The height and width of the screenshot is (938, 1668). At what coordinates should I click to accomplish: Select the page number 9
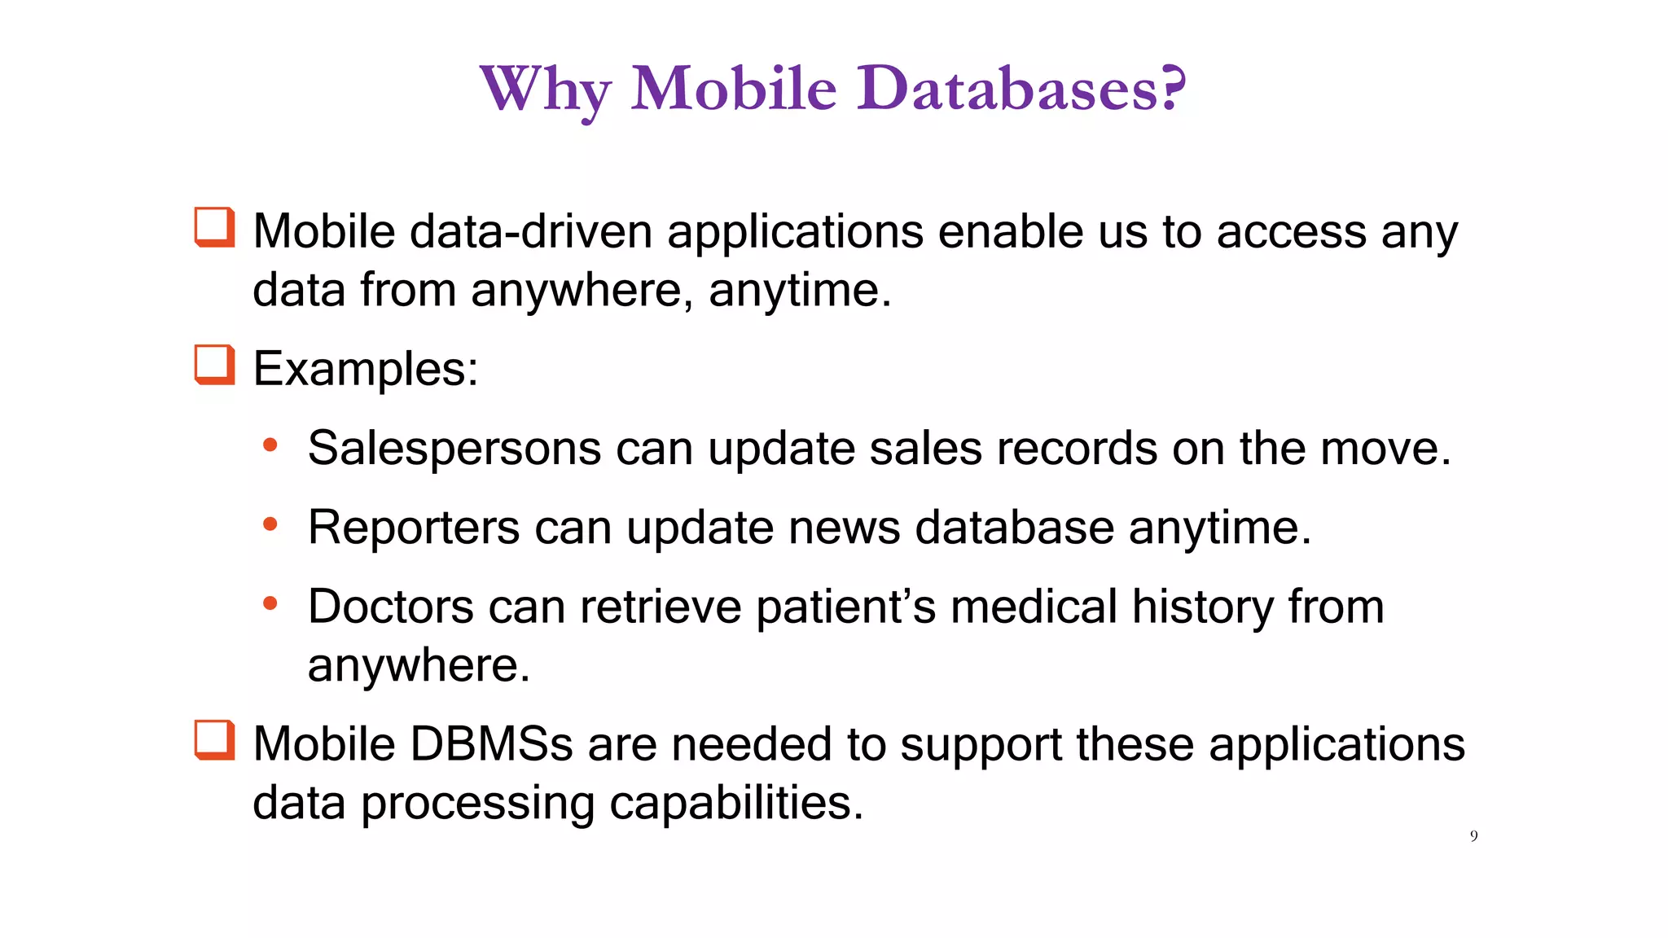point(1473,836)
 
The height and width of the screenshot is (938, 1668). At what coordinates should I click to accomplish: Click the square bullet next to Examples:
point(215,365)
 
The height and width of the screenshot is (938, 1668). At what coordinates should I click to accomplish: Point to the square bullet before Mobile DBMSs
point(215,740)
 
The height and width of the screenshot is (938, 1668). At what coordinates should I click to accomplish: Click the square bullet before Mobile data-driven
point(215,227)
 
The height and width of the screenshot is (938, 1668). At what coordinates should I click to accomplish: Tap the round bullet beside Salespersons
point(270,445)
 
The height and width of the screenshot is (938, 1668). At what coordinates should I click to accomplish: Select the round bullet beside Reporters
point(270,524)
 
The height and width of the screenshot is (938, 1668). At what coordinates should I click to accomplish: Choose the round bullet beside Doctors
point(270,603)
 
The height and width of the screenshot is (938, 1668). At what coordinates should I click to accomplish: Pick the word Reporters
point(414,528)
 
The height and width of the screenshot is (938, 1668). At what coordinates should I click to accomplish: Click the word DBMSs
point(492,744)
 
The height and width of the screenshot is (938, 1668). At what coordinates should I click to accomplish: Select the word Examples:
point(366,370)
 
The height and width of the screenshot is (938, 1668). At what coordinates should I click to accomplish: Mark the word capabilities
point(736,803)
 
